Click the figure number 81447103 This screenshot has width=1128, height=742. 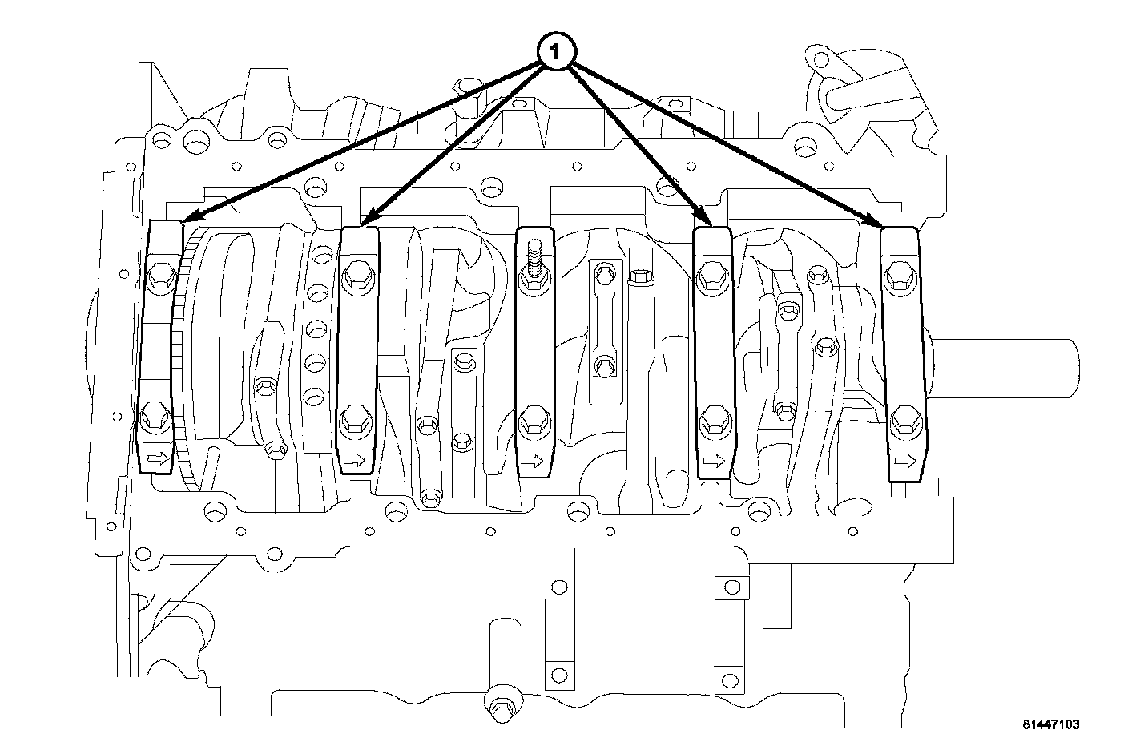pos(1050,724)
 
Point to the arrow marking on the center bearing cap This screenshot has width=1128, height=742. pos(532,462)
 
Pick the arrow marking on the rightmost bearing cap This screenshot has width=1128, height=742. pos(905,461)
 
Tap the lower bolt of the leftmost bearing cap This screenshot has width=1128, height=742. pos(155,416)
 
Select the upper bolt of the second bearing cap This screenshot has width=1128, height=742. pos(356,276)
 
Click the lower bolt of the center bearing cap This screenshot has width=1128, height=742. pos(533,420)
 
